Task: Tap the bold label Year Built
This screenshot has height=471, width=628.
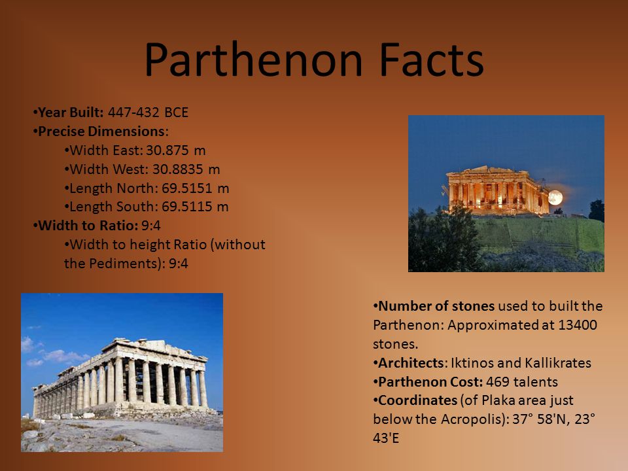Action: [x=71, y=113]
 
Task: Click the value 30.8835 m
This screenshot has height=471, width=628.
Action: [x=186, y=169]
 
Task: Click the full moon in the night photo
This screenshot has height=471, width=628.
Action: [x=555, y=197]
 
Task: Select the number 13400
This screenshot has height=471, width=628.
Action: [x=577, y=324]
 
